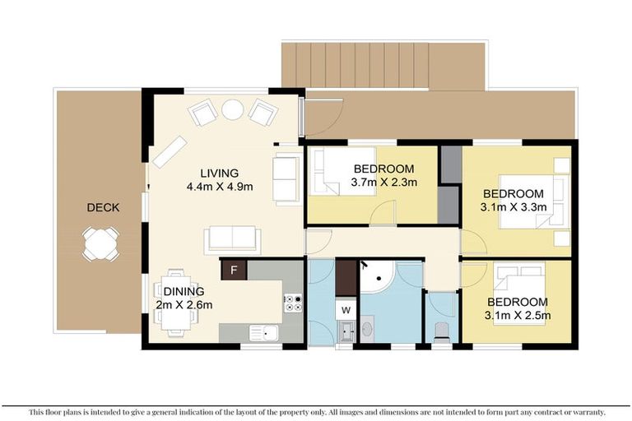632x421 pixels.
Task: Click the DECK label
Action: click(103, 207)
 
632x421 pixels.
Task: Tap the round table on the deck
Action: click(100, 243)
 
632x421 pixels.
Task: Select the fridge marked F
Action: click(234, 270)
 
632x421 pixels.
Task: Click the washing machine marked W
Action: click(346, 310)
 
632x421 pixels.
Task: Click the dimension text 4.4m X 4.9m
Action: click(220, 187)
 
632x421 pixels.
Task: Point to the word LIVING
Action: click(219, 173)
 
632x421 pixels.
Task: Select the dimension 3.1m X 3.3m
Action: click(513, 207)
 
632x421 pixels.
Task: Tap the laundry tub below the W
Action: click(346, 331)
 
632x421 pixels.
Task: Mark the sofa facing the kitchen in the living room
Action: click(233, 238)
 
